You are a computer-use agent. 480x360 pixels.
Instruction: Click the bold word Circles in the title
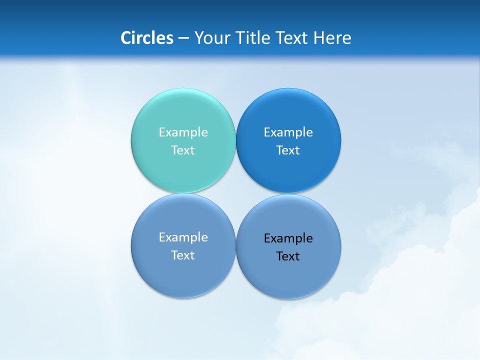(147, 38)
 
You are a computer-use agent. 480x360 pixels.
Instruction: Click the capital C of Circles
(126, 38)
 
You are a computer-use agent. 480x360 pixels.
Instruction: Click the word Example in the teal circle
(183, 132)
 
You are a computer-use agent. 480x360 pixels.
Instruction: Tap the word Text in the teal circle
(183, 150)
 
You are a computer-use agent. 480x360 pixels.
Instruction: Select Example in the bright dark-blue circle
(288, 132)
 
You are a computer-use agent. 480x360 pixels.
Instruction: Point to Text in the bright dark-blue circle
(288, 150)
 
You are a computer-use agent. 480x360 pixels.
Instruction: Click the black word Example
(288, 238)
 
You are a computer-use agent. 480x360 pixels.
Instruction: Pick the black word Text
(288, 256)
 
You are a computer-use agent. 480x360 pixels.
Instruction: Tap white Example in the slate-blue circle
(183, 237)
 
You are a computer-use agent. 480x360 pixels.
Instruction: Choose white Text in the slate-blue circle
(183, 255)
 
